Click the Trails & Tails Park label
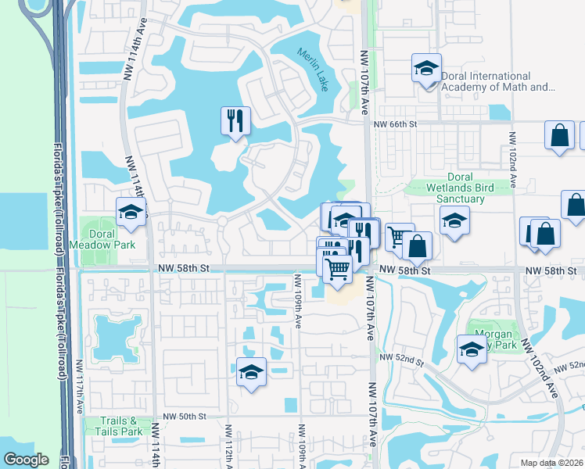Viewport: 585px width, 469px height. [x=120, y=426]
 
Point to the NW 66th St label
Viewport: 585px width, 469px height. [x=396, y=124]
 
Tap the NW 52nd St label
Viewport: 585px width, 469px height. [x=401, y=358]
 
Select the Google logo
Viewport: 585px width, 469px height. [x=26, y=460]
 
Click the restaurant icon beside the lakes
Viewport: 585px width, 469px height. [x=235, y=120]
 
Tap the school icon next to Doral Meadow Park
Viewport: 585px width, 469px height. [x=131, y=212]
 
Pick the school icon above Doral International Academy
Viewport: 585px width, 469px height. [x=426, y=68]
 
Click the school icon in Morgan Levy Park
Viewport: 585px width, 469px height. [x=472, y=349]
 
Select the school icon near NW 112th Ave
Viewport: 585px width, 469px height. [x=251, y=372]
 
